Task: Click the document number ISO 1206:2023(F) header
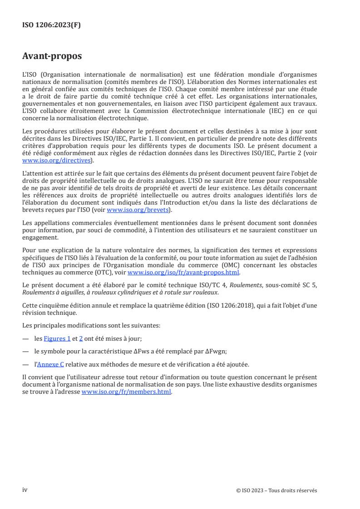[51, 25]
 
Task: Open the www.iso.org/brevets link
[137, 210]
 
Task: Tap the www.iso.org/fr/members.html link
[126, 392]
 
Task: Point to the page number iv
[25, 489]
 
